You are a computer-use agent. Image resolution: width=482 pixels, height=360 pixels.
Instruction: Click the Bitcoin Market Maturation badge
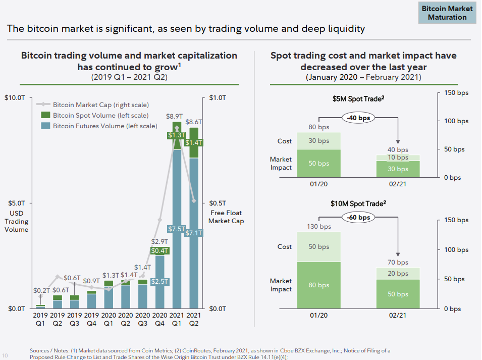point(447,13)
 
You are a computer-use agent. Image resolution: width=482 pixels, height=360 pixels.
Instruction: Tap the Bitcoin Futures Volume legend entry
point(104,126)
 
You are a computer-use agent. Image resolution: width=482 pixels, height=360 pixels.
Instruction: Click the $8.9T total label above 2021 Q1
point(175,116)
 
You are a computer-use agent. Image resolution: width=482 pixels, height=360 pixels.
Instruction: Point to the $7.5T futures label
point(177,229)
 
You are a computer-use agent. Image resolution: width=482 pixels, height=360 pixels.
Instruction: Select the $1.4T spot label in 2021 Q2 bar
point(194,143)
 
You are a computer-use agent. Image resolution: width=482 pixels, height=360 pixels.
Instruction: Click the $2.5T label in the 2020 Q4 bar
point(160,281)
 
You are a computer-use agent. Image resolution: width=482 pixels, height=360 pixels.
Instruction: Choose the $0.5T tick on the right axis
point(218,203)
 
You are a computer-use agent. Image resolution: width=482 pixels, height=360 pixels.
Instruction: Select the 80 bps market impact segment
point(319,285)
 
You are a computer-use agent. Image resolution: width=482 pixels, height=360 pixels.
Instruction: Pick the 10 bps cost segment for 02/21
point(398,158)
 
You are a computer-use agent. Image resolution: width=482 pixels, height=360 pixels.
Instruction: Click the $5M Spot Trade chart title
point(359,99)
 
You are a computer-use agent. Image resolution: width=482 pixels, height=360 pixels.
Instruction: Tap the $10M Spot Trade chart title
point(359,203)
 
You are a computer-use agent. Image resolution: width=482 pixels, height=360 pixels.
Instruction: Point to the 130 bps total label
point(319,227)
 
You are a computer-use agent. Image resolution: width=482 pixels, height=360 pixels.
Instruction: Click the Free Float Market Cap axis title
point(226,217)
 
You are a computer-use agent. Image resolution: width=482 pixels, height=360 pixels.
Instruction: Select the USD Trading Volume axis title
point(16,221)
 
